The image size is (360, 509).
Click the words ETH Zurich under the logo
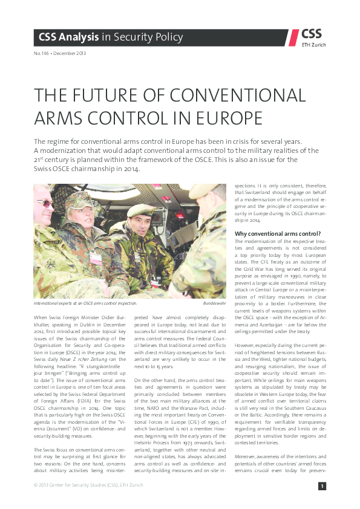[313, 45]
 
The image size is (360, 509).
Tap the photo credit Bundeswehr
[215, 302]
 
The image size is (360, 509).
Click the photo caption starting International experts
[85, 302]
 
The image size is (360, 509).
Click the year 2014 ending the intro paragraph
[131, 169]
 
